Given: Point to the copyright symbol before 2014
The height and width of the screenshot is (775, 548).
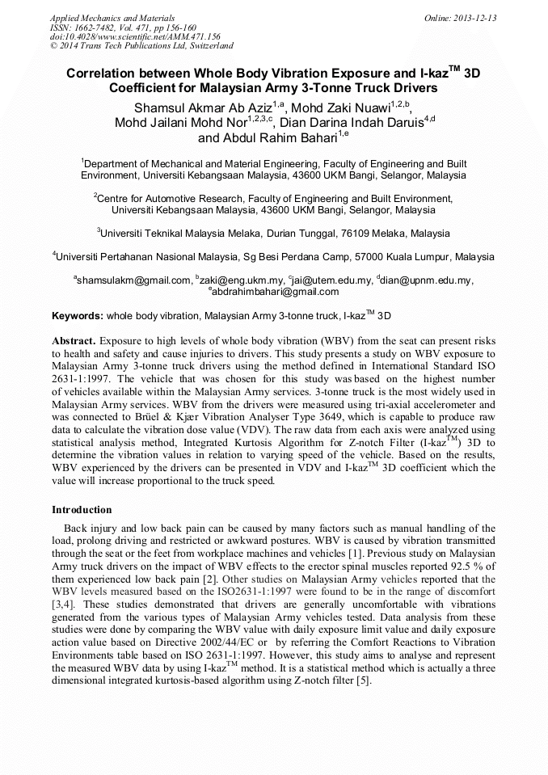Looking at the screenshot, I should (53, 47).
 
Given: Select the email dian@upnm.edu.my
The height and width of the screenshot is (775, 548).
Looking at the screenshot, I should (427, 280).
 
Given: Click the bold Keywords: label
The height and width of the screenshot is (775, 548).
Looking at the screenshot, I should (77, 315).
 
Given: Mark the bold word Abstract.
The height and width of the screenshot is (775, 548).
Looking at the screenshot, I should (74, 341).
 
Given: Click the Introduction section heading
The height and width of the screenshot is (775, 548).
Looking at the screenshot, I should (82, 510).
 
